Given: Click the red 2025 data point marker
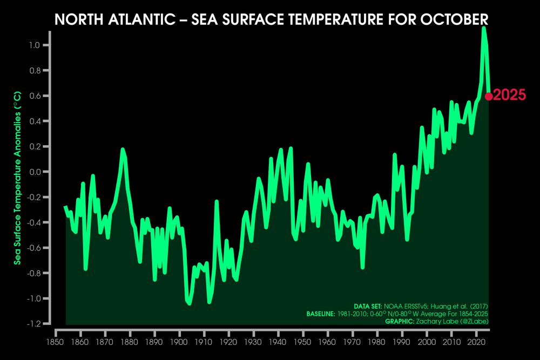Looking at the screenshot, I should (488, 97).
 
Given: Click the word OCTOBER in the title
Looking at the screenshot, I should (454, 20).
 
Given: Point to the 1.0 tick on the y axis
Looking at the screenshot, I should (36, 45).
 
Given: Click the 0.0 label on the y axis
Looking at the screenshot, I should (36, 172).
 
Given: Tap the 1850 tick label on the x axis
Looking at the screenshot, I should (55, 342).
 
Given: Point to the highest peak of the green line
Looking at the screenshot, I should (484, 28).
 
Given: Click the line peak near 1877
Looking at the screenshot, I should (123, 150).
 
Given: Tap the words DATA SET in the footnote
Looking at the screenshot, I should (368, 307).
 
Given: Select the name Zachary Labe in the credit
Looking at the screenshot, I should (444, 322).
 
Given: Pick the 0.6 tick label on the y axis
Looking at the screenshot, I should (36, 96).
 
